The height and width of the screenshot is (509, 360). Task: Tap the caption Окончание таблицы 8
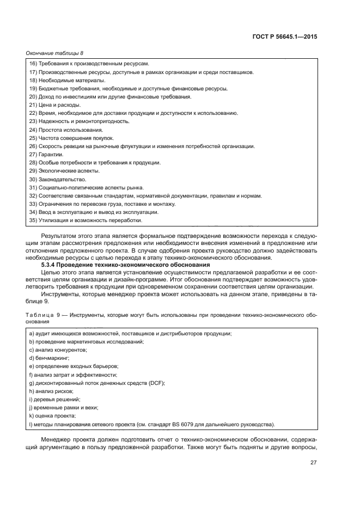55,53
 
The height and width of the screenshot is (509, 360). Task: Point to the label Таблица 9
41,315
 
